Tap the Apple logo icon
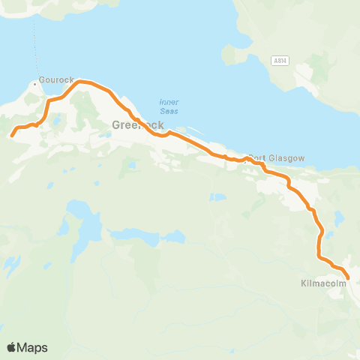click(x=11, y=347)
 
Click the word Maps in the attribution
click(x=33, y=347)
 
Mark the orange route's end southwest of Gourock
click(x=11, y=136)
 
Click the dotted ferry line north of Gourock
click(x=34, y=45)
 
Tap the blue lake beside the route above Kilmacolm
click(x=340, y=220)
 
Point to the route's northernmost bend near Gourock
click(x=79, y=80)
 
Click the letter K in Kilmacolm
click(x=302, y=285)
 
